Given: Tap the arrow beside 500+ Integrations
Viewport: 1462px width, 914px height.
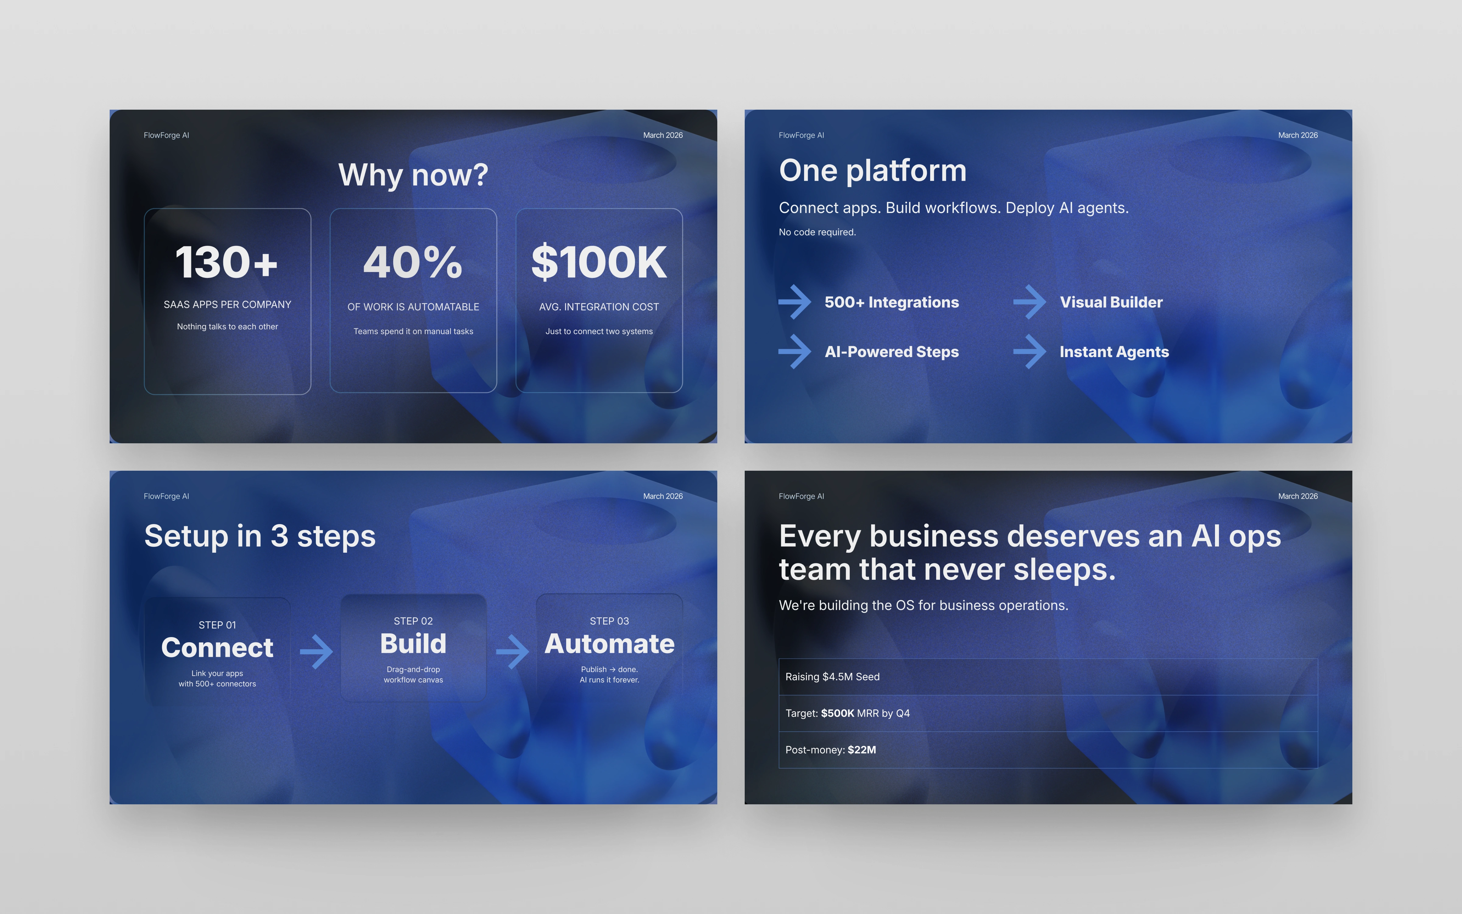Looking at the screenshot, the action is tap(795, 302).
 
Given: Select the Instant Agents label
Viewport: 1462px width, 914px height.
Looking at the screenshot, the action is tap(1114, 352).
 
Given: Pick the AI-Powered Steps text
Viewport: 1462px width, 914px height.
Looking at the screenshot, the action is tap(892, 352).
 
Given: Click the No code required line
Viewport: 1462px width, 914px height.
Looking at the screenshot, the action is tap(818, 232).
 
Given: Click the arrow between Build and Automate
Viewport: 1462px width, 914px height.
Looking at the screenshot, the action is tap(512, 652).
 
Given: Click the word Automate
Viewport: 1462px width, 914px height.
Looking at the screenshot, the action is tap(609, 644).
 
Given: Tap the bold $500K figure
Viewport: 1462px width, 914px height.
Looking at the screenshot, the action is tap(837, 713).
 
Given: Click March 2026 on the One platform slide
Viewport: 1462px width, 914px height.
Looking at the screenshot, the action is tap(1298, 135).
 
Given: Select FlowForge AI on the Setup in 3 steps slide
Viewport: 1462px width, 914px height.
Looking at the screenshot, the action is tap(166, 496).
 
